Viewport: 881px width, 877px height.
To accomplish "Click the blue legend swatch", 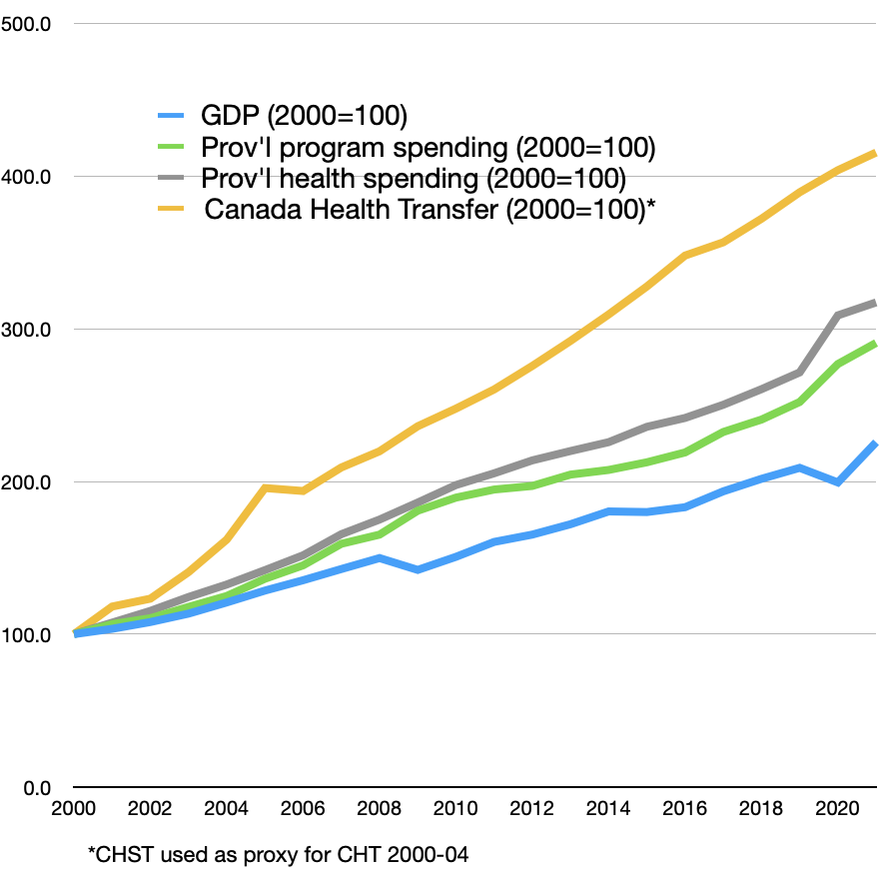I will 171,116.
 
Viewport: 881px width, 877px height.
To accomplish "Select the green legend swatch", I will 171,146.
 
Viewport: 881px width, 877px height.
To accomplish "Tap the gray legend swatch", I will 171,178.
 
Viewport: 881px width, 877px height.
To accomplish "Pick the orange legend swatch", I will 171,209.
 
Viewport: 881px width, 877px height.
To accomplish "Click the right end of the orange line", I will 875,153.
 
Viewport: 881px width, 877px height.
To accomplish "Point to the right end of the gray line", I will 875,302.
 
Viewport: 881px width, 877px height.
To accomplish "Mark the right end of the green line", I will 875,344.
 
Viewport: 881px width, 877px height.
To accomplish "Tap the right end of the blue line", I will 875,443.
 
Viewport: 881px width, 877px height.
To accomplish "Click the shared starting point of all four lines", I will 75,632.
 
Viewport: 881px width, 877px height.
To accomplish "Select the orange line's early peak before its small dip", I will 265,487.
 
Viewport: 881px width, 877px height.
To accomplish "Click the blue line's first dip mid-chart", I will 418,569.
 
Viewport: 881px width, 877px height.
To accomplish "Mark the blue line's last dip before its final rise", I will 838,482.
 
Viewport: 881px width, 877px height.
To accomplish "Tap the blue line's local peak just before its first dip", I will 379,557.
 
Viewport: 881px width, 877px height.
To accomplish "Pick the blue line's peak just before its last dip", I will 799,467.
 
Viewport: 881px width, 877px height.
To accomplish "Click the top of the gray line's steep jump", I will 838,315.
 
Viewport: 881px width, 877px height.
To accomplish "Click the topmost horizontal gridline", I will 474,23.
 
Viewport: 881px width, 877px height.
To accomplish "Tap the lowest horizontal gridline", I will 474,633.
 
